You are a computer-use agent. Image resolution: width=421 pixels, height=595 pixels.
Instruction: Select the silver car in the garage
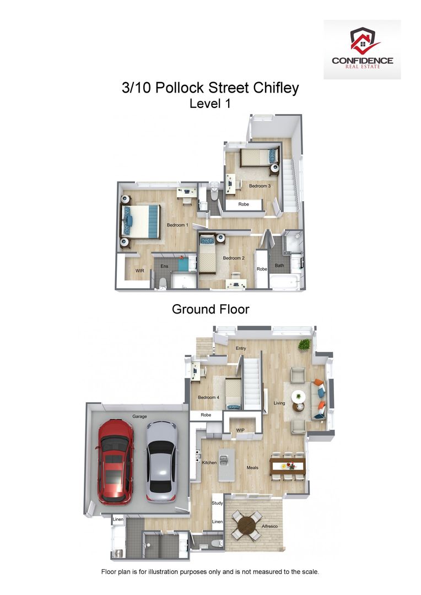pyautogui.click(x=161, y=461)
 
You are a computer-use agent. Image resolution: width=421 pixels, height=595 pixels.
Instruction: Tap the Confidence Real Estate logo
pyautogui.click(x=362, y=50)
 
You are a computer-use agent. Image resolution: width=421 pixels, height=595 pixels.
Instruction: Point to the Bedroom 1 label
pyautogui.click(x=177, y=225)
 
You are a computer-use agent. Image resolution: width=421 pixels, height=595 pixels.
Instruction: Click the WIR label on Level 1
pyautogui.click(x=140, y=271)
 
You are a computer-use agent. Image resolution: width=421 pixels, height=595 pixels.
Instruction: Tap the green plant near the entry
pyautogui.click(x=304, y=345)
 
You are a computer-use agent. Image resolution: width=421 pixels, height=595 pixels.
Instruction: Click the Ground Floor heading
pyautogui.click(x=210, y=309)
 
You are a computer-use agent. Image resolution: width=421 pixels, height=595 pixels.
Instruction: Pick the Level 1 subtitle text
pyautogui.click(x=210, y=103)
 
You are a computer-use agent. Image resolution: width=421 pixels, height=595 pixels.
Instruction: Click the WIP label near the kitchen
pyautogui.click(x=240, y=430)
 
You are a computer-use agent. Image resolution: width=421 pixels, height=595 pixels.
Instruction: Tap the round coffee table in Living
pyautogui.click(x=298, y=396)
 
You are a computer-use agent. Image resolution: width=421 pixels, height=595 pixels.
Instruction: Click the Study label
pyautogui.click(x=217, y=503)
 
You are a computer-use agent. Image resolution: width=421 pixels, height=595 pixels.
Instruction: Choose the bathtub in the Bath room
pyautogui.click(x=284, y=282)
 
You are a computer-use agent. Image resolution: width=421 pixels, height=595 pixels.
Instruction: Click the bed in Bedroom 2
pyautogui.click(x=207, y=255)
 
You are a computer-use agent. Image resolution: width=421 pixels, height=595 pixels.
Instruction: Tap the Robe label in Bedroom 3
pyautogui.click(x=243, y=204)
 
